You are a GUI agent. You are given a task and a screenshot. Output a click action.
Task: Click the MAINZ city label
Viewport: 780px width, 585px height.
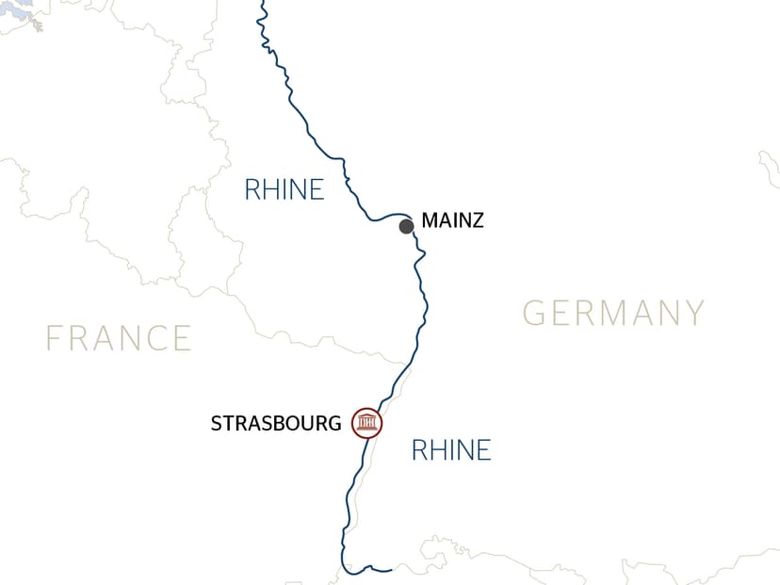coord(452,222)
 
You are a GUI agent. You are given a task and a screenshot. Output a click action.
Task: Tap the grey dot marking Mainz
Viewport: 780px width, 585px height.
coord(406,226)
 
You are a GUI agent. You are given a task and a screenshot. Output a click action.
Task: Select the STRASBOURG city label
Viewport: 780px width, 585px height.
coord(275,424)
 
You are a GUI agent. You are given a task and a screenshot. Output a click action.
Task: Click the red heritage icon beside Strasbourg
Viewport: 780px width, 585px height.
coord(366,423)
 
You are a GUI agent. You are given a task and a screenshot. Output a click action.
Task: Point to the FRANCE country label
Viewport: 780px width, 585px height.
coord(119,337)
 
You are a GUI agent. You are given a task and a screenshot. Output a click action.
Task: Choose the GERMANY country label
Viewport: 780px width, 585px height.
coord(613,312)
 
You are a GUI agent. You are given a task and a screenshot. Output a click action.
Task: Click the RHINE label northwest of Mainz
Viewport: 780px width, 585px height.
coord(284,189)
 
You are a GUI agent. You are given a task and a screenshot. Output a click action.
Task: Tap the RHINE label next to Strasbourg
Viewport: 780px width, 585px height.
coord(451,450)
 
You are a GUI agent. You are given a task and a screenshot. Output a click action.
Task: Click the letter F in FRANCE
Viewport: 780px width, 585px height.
coord(54,337)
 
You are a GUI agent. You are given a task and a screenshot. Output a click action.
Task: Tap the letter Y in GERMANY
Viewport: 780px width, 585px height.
coord(693,312)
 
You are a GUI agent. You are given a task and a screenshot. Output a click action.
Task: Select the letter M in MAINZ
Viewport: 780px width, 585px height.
coord(431,222)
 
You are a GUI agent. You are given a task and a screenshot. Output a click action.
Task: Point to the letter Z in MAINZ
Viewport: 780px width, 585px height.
coord(477,222)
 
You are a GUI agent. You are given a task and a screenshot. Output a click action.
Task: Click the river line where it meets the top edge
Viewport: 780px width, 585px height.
coord(260,3)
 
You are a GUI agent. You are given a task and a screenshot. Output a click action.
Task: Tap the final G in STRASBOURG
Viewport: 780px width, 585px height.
coord(334,424)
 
